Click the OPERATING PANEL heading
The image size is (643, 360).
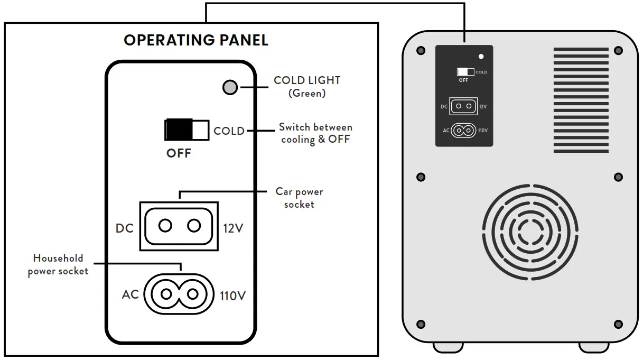pos(196,40)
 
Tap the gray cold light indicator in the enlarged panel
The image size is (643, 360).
pos(230,87)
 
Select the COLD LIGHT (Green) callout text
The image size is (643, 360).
pos(306,87)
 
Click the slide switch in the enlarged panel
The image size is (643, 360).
pos(187,130)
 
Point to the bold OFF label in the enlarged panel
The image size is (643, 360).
pos(179,154)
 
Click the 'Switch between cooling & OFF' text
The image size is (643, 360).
pos(315,133)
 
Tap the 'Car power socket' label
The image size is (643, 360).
pos(299,198)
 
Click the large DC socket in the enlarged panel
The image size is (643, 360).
pos(179,226)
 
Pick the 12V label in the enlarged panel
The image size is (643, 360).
pos(234,228)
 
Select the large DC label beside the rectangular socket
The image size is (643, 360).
pos(125,228)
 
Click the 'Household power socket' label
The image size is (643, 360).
pos(58,264)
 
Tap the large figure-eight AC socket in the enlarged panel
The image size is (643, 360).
pos(180,293)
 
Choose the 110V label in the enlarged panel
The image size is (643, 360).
pos(232,296)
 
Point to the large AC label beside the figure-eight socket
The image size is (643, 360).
pos(131,294)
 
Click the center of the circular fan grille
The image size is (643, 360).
pos(529,229)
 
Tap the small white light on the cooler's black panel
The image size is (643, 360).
pos(480,56)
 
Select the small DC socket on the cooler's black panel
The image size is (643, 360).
pos(463,106)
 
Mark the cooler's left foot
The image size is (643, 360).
pos(449,347)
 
